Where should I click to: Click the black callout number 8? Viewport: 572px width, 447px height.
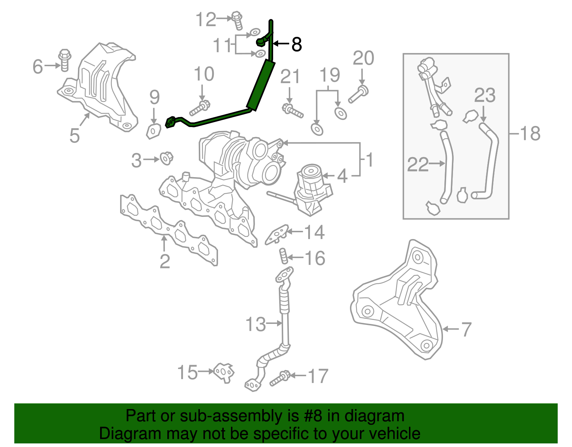(296, 45)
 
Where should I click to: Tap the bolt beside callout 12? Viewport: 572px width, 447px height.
(237, 20)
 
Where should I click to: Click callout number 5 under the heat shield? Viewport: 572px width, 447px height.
(74, 136)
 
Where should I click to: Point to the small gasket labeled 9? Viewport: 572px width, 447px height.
(154, 131)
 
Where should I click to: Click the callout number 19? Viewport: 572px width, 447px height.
(329, 75)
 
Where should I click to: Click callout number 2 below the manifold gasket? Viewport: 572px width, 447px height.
(164, 261)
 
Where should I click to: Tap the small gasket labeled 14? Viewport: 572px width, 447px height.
(277, 234)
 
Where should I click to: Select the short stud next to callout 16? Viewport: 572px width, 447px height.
(283, 256)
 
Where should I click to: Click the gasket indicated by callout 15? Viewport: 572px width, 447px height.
(224, 373)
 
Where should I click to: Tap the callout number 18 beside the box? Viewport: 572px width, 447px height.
(530, 133)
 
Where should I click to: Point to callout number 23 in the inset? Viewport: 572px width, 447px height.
(485, 96)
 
